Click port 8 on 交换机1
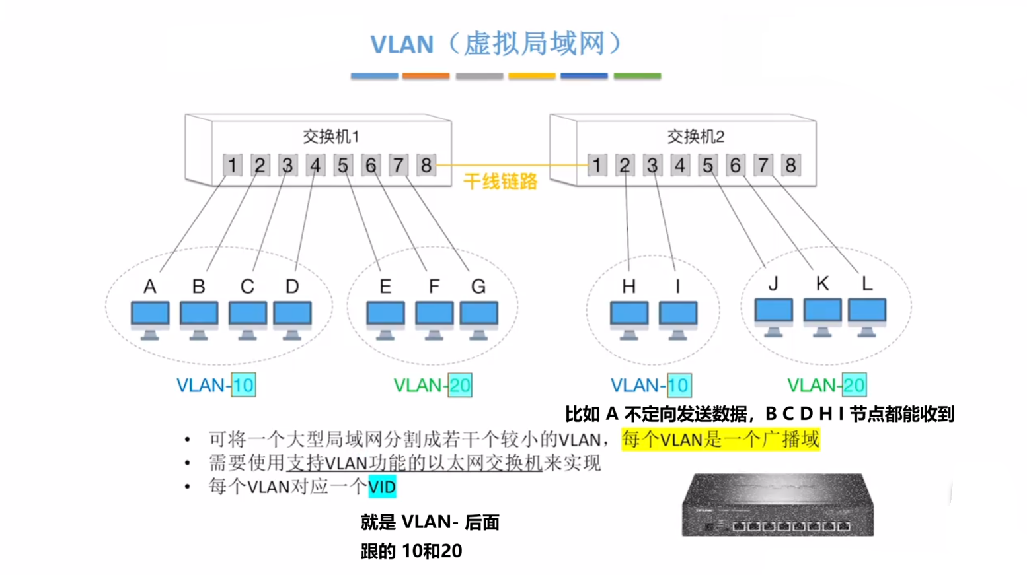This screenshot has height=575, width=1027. tap(426, 165)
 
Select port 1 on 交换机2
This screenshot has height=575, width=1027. tap(597, 165)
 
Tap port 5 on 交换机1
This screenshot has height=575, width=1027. tap(343, 165)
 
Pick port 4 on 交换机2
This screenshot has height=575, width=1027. tap(680, 165)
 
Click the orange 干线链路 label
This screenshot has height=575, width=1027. tap(500, 182)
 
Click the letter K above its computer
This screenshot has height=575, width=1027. tap(821, 284)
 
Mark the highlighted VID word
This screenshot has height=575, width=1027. tap(382, 487)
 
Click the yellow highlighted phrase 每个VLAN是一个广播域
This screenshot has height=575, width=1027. tap(720, 440)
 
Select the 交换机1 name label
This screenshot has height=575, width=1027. tap(330, 137)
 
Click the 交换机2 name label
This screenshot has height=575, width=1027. tap(695, 137)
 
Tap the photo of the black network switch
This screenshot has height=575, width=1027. tap(778, 504)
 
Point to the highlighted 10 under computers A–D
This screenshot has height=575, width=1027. tap(243, 385)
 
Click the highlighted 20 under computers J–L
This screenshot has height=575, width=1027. tap(854, 385)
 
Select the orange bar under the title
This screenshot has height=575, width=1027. tap(426, 76)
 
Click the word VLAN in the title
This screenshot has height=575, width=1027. tap(401, 45)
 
